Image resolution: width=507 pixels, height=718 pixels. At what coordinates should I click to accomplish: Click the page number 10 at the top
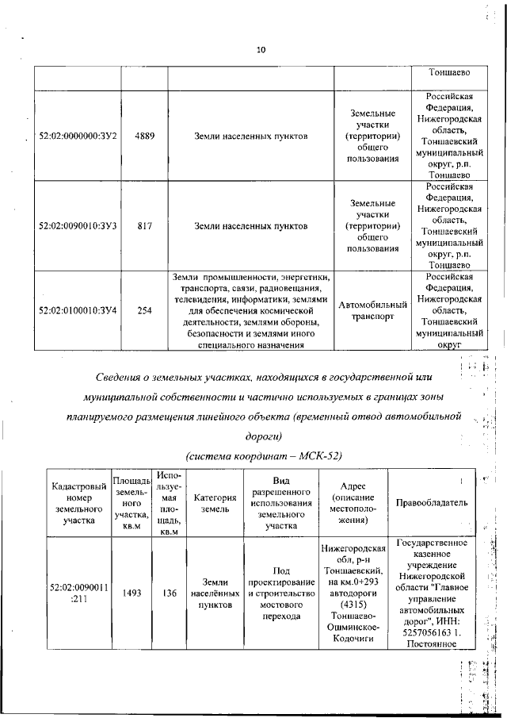[261, 51]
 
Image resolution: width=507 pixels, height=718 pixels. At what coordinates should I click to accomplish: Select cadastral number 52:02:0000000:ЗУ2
[78, 136]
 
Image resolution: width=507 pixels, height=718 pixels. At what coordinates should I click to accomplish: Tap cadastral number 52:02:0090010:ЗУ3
[78, 226]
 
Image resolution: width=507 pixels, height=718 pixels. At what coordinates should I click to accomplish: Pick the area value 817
[144, 226]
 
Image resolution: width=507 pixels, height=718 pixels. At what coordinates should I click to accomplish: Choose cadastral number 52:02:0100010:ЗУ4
[78, 310]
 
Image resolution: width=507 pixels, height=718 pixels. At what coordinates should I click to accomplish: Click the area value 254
[144, 310]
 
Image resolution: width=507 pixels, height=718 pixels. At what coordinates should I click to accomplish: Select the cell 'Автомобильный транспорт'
[372, 310]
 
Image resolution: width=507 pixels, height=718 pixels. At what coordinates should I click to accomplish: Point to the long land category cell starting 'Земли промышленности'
[251, 310]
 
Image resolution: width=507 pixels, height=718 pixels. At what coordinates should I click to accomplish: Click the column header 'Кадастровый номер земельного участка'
[77, 503]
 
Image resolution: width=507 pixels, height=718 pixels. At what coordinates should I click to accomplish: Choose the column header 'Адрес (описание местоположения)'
[351, 503]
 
